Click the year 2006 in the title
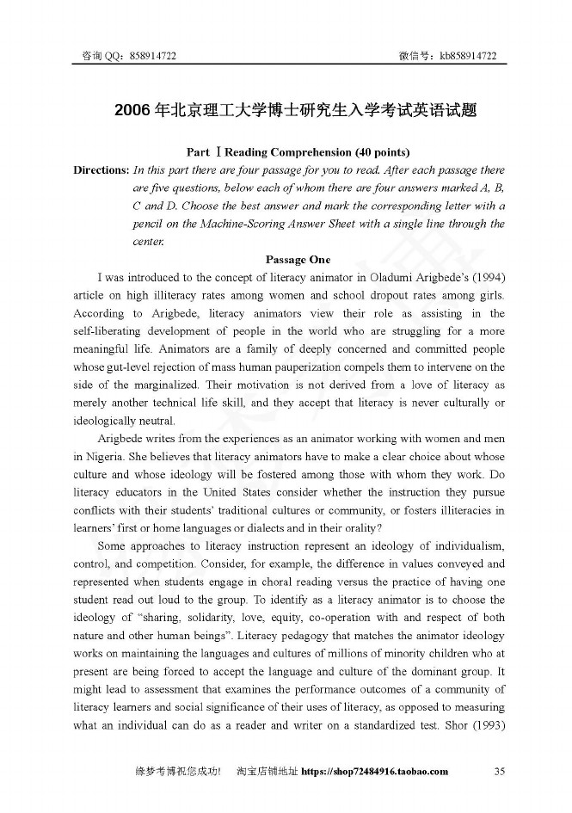pyautogui.click(x=132, y=110)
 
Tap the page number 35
pyautogui.click(x=499, y=771)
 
